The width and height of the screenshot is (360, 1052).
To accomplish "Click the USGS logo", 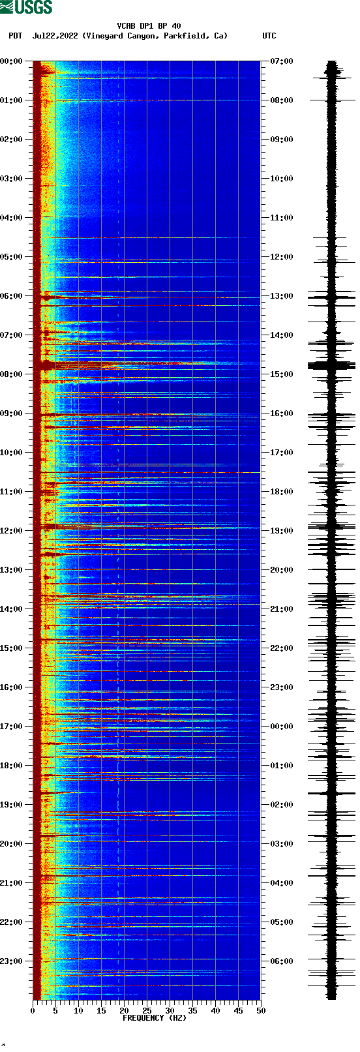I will tap(26, 7).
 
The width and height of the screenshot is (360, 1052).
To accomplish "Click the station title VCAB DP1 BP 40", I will tap(149, 26).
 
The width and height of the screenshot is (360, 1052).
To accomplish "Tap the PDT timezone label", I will tap(15, 36).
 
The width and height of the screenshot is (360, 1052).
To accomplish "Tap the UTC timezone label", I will tap(269, 36).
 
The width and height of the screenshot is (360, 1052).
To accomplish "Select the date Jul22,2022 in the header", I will tap(55, 36).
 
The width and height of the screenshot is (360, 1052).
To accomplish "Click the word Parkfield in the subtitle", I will tap(185, 36).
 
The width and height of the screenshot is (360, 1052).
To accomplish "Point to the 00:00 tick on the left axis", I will tap(12, 61).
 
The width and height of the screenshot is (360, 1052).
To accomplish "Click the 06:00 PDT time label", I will tap(12, 296).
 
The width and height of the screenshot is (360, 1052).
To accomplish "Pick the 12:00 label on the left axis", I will tap(12, 531).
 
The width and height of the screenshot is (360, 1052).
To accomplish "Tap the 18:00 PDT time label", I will tap(12, 766).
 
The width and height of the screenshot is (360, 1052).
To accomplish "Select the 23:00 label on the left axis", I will tap(12, 961).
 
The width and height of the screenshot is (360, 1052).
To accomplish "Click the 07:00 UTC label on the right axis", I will tap(282, 61).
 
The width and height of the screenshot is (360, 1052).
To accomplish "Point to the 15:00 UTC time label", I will tap(282, 374).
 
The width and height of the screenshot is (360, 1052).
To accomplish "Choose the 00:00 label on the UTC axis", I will tap(282, 727).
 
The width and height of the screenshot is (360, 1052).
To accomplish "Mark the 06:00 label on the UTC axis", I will tap(282, 961).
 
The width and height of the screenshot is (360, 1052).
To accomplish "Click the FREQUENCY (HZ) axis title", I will tap(145, 1018).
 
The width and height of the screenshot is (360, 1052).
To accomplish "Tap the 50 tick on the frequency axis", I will tap(261, 1011).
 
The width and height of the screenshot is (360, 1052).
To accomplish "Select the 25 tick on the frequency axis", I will tap(147, 1011).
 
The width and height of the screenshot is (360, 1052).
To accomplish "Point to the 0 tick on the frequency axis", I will tap(33, 1011).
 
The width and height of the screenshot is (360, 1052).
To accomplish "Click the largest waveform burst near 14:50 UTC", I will tap(332, 366).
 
